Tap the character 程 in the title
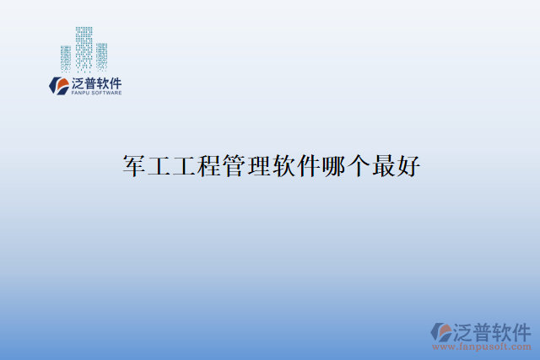click(208, 166)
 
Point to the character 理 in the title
click(257, 166)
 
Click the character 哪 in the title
click(331, 166)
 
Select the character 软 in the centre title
click(282, 166)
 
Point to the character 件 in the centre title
click(306, 166)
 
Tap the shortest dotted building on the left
click(66, 58)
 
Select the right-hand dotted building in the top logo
click(101, 56)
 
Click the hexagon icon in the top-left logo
click(59, 85)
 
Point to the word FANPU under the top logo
click(81, 93)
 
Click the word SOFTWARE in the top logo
click(107, 93)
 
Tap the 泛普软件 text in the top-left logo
click(97, 83)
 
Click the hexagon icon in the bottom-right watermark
click(440, 331)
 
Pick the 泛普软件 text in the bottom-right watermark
click(494, 330)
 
